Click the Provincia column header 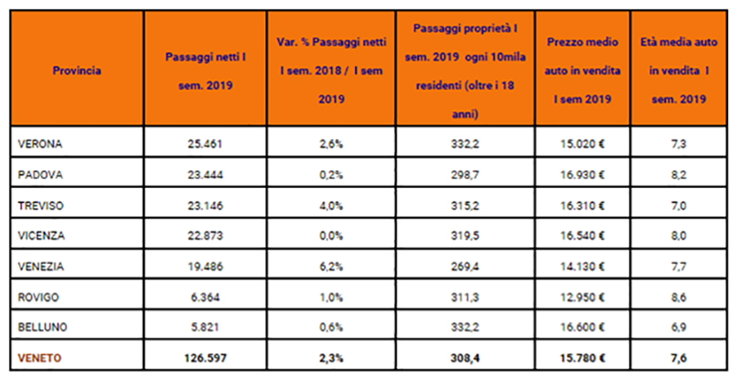[76, 70]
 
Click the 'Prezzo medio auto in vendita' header [581, 69]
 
